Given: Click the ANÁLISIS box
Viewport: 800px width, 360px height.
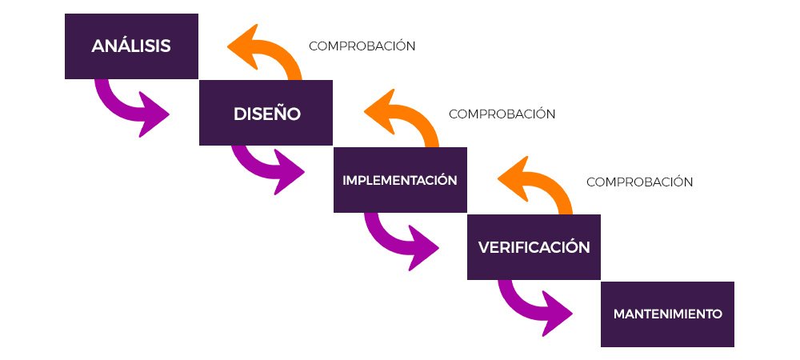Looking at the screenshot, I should tap(131, 46).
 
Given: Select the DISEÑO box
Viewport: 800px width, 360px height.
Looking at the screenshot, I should tap(266, 113).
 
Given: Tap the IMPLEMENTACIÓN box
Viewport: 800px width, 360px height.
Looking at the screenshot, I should tap(399, 180).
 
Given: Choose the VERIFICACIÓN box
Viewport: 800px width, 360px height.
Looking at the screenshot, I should tap(534, 247).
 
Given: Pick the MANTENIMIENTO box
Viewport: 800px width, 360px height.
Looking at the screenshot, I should tap(667, 314).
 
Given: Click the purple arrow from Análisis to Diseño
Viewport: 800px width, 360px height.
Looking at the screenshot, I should tap(128, 104).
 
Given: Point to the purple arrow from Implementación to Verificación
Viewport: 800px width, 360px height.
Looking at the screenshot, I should tap(397, 237).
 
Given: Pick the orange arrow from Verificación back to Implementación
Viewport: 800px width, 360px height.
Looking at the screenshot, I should tap(541, 189).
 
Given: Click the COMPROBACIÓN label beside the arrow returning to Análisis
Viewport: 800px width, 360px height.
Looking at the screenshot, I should tap(362, 46).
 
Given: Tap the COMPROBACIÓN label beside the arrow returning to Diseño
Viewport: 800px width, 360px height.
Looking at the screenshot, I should tap(502, 114).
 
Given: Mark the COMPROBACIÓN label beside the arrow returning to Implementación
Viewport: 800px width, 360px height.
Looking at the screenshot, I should tap(639, 182).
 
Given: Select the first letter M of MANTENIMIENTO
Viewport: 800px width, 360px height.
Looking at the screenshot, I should tap(619, 314).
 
